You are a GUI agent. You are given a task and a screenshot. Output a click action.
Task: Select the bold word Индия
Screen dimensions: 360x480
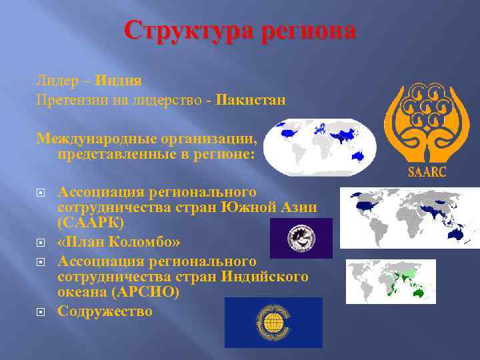118,81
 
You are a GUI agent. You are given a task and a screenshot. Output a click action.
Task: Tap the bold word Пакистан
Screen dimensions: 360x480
250,100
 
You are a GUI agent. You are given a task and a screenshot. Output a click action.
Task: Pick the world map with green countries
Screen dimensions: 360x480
391,281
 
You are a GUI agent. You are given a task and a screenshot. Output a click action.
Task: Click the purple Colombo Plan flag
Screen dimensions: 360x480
301,238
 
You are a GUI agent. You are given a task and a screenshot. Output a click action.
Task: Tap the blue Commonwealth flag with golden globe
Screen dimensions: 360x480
273,322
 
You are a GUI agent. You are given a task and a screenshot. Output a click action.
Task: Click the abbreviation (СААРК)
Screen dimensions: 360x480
91,223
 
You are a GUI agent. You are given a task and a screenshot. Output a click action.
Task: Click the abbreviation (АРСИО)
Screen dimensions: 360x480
155,293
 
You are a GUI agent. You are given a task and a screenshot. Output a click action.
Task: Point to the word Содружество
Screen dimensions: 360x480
105,311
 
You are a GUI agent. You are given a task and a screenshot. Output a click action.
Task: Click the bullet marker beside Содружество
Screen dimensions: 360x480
40,311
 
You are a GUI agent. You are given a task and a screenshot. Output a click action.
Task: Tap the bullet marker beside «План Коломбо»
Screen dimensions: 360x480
40,241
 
